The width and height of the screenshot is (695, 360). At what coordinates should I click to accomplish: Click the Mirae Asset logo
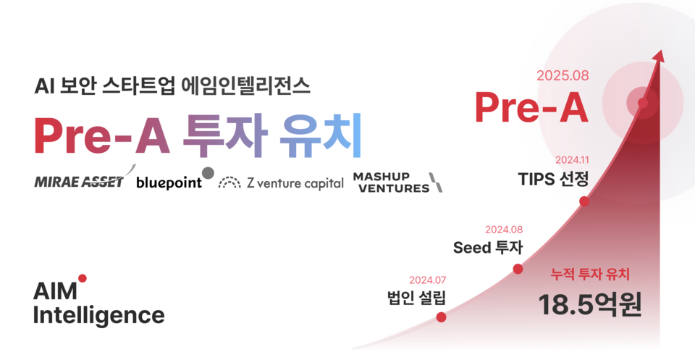click(81, 182)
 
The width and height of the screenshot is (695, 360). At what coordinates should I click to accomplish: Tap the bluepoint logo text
click(169, 183)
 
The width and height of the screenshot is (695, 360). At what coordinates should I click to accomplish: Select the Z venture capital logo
click(281, 183)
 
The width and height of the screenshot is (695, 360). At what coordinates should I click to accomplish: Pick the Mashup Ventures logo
click(397, 183)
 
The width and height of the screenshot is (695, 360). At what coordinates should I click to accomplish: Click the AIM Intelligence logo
click(98, 304)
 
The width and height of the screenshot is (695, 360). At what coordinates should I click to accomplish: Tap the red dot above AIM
click(83, 278)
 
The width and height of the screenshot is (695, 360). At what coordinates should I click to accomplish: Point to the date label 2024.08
click(504, 230)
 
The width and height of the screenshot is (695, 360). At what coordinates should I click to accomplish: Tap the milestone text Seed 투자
click(488, 248)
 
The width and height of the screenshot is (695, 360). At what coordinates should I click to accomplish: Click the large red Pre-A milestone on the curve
click(531, 108)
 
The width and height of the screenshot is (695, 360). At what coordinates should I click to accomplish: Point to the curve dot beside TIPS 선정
click(584, 201)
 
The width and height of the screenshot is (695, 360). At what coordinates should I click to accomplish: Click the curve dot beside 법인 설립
click(441, 317)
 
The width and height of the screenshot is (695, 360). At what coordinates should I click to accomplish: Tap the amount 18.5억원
click(590, 305)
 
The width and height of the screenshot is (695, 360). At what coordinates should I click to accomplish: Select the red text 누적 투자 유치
click(590, 275)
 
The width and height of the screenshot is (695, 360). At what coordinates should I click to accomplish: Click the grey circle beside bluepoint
click(208, 172)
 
